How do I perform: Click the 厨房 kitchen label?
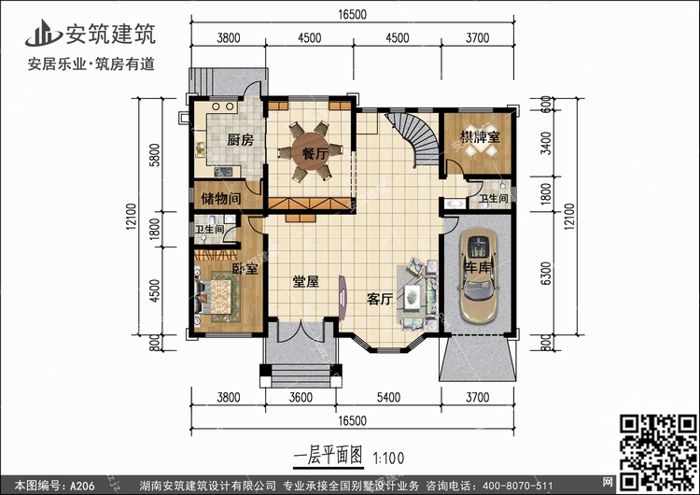pos(240,140)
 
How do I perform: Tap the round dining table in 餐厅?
pos(311,152)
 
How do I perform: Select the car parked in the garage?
pos(479,275)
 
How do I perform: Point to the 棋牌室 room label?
pos(480,136)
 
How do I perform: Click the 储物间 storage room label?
pos(221,198)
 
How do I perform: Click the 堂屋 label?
pos(306,281)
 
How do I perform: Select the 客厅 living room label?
pos(380,299)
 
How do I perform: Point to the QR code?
pos(659,452)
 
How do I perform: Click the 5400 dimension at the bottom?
pos(388,397)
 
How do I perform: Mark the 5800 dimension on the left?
pos(154,155)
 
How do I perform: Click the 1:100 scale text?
pos(388,458)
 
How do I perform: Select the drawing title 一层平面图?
pos(329,456)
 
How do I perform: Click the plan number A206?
pos(82,486)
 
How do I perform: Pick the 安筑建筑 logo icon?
pos(43,33)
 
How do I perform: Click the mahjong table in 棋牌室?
pos(481,147)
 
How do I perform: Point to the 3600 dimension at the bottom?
pos(301,397)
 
